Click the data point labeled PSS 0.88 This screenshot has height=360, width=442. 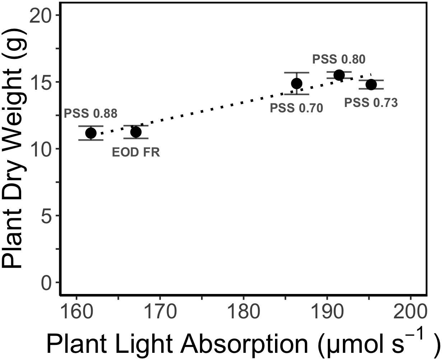91,133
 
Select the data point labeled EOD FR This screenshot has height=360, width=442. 136,132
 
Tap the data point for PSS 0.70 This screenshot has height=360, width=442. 297,84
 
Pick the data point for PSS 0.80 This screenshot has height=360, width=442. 339,75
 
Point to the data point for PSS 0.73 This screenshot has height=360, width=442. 371,84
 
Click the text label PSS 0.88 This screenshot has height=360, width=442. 90,114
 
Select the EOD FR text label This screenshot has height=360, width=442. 136,153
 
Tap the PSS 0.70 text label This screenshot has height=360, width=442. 297,108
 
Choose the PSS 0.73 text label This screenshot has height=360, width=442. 371,103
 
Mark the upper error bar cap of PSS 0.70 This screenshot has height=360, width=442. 297,73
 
